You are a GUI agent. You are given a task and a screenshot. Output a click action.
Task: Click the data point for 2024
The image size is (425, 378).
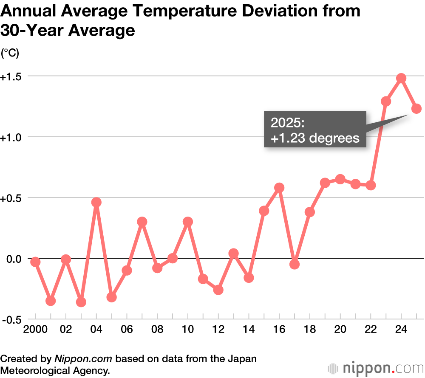pos(401,78)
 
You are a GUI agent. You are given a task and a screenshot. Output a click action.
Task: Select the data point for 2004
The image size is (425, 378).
pos(96,202)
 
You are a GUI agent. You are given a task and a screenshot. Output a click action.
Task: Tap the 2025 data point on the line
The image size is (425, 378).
pos(416,109)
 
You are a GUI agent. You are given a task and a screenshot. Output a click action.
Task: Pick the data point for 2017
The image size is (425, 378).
pos(295,264)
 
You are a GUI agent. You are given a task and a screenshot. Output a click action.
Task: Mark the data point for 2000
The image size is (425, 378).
pos(35,262)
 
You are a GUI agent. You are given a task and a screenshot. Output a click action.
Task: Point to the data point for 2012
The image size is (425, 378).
pos(218,290)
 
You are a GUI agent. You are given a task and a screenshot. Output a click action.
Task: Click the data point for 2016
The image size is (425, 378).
pos(279,188)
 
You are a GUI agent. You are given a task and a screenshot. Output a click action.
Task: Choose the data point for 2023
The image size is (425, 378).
pos(386,101)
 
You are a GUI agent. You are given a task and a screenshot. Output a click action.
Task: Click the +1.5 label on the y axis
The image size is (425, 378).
pos(11,77)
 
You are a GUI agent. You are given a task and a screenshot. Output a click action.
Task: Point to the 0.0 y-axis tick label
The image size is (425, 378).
pos(12,259)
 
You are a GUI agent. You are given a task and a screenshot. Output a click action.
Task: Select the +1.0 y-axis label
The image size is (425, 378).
pos(11,138)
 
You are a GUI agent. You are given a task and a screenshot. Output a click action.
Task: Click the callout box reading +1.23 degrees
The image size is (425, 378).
pos(314,130)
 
